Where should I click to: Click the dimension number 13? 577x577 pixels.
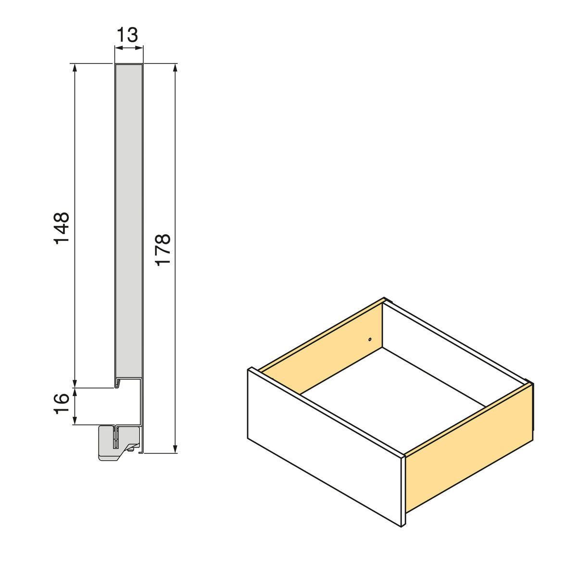tap(128, 35)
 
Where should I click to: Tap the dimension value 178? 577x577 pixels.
tap(163, 249)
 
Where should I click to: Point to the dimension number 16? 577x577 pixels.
tap(62, 405)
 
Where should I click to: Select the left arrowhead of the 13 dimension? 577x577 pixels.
tap(117, 47)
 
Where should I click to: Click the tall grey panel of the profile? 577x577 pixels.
tap(129, 216)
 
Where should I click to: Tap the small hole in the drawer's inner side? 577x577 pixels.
tap(370, 339)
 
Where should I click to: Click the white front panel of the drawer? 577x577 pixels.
tap(322, 447)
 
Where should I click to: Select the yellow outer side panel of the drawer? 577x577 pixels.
tap(469, 450)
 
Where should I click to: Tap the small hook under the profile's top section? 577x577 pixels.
tap(117, 383)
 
